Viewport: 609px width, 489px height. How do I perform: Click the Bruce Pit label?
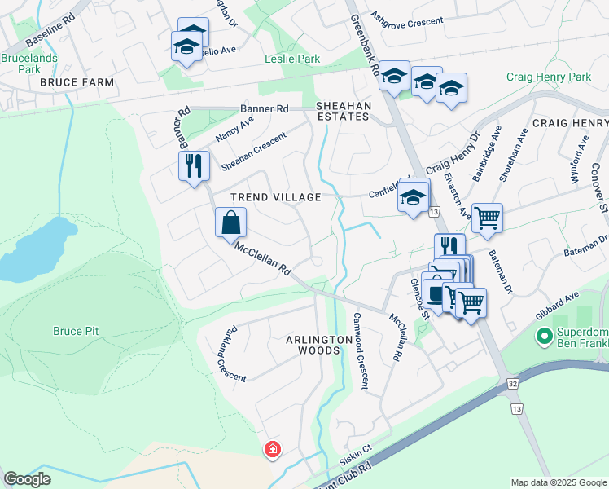[79, 331]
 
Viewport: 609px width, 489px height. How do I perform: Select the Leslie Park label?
[292, 59]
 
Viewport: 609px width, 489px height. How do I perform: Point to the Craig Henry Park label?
[548, 77]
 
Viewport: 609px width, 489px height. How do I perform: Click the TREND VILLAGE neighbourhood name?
[275, 197]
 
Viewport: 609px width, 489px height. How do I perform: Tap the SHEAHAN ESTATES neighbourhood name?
[344, 112]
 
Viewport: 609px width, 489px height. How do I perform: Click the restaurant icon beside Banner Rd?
[194, 166]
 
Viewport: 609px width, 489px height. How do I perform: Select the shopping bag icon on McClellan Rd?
[231, 222]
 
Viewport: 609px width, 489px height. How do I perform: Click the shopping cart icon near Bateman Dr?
[487, 217]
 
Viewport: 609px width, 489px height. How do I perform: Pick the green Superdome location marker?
[543, 335]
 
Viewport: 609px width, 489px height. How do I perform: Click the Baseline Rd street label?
[49, 31]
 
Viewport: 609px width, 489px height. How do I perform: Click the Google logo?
[28, 479]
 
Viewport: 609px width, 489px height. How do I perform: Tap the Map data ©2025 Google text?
[558, 482]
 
